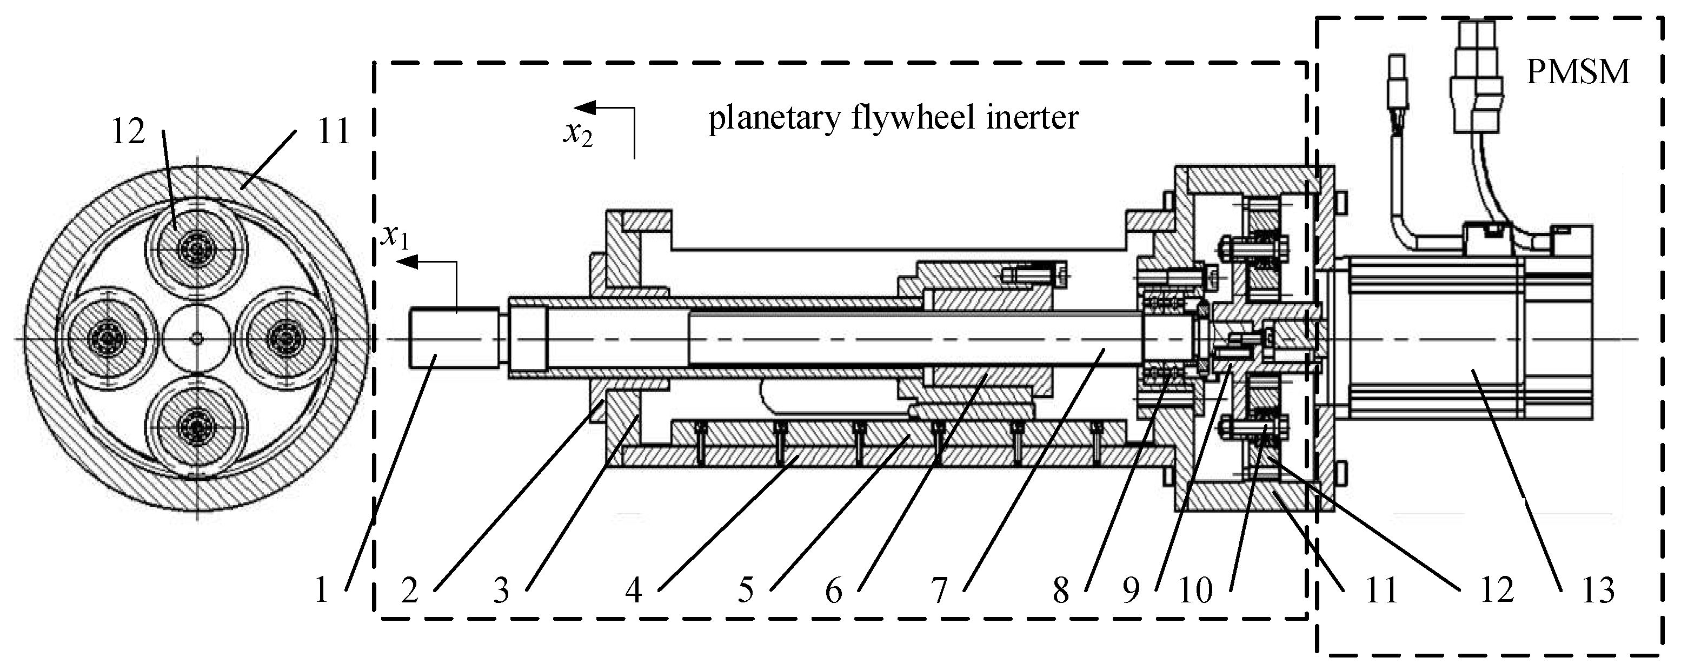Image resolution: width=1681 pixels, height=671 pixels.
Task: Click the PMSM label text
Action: (x=1577, y=72)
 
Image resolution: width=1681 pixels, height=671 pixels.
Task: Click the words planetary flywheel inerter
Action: (x=893, y=119)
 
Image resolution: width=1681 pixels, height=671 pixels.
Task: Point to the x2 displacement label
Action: (x=578, y=133)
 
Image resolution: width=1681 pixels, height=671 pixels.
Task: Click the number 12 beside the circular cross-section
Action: (x=128, y=132)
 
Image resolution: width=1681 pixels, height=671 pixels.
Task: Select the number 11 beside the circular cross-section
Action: (x=334, y=132)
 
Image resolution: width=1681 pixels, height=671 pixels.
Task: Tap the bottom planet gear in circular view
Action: (x=196, y=427)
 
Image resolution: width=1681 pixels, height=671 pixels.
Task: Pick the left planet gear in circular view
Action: (x=106, y=338)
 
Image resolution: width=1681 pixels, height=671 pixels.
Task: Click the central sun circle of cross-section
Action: (x=196, y=338)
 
